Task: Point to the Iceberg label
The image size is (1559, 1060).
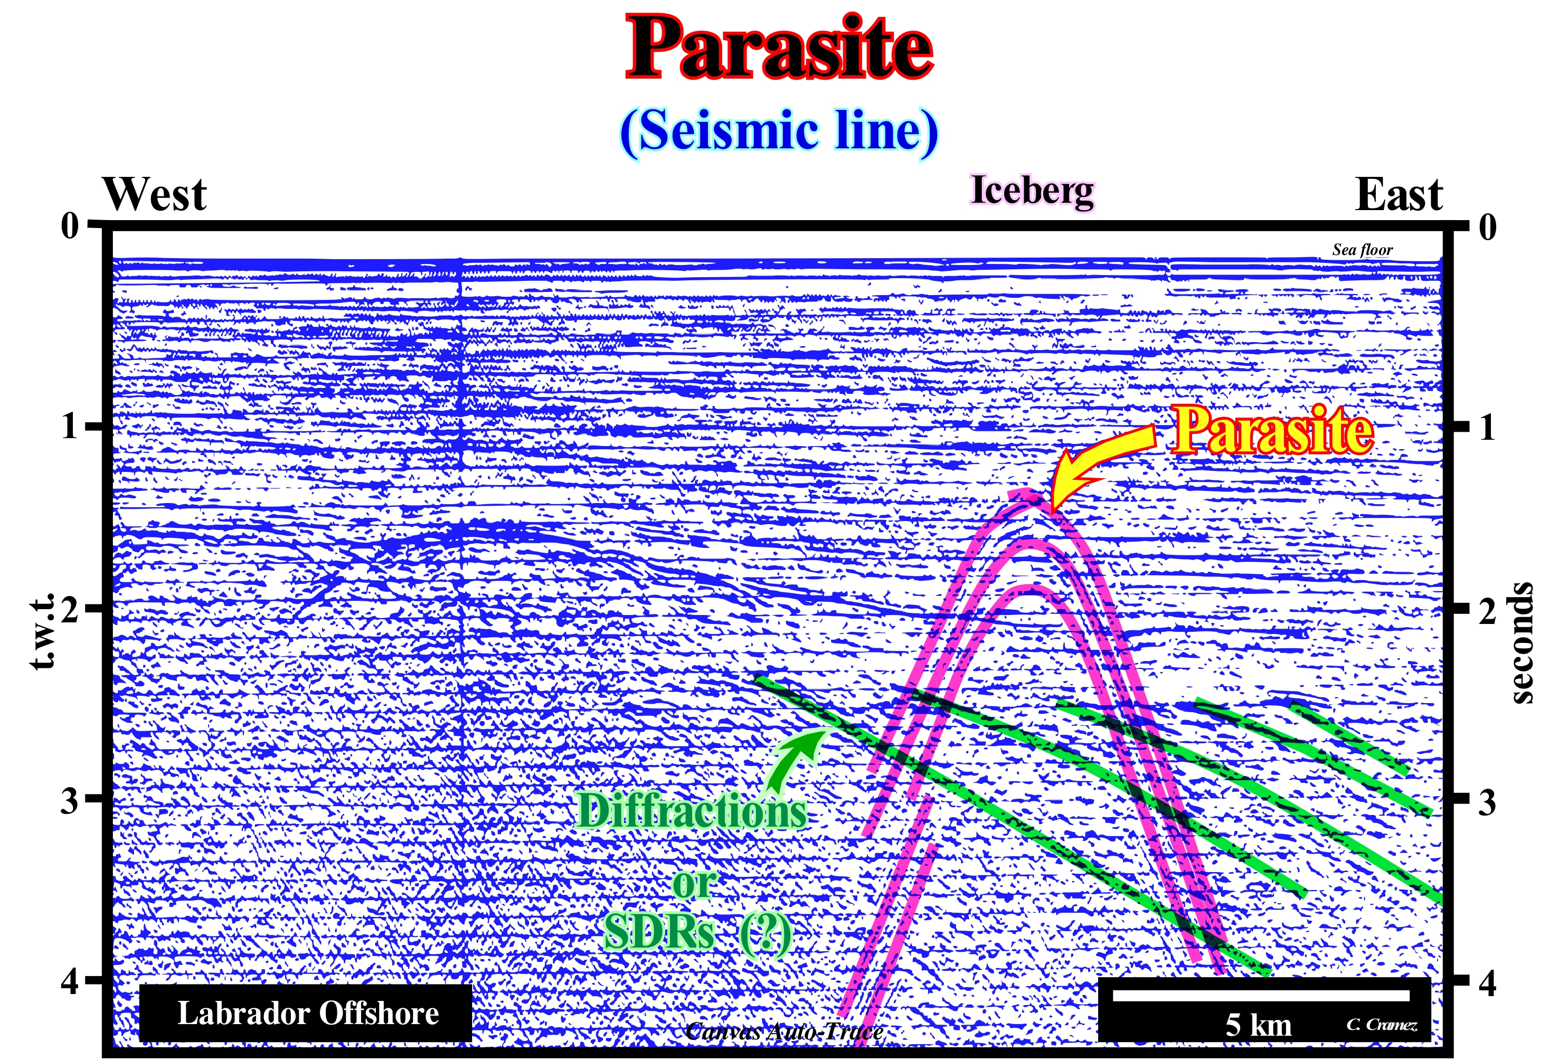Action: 1033,191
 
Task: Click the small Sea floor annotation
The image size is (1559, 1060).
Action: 1363,250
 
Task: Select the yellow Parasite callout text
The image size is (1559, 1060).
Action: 1272,431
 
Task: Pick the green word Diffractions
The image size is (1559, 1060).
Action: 692,811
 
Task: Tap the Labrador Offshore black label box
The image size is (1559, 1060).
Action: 306,1013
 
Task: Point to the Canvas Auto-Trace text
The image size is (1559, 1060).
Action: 783,1031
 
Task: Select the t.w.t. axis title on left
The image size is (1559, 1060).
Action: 43,632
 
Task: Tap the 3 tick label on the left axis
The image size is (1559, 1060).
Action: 70,800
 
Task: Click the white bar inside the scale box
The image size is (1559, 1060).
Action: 1261,996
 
